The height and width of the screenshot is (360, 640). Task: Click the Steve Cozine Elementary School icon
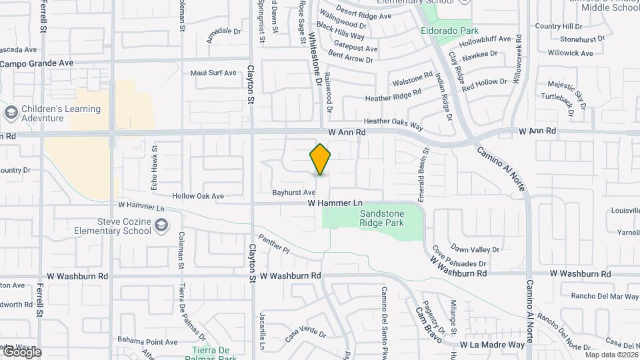point(161,227)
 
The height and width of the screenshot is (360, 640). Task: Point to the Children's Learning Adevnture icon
point(10,113)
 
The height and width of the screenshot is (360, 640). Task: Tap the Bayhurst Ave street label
point(293,192)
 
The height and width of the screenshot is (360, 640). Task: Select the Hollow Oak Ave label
point(198,197)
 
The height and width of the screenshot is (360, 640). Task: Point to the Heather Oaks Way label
point(393,124)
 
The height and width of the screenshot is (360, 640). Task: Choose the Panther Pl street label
point(274,245)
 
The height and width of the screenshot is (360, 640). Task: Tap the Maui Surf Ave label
point(213,73)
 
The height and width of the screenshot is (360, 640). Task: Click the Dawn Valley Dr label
point(474,249)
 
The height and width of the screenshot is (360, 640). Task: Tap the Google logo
point(21,352)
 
